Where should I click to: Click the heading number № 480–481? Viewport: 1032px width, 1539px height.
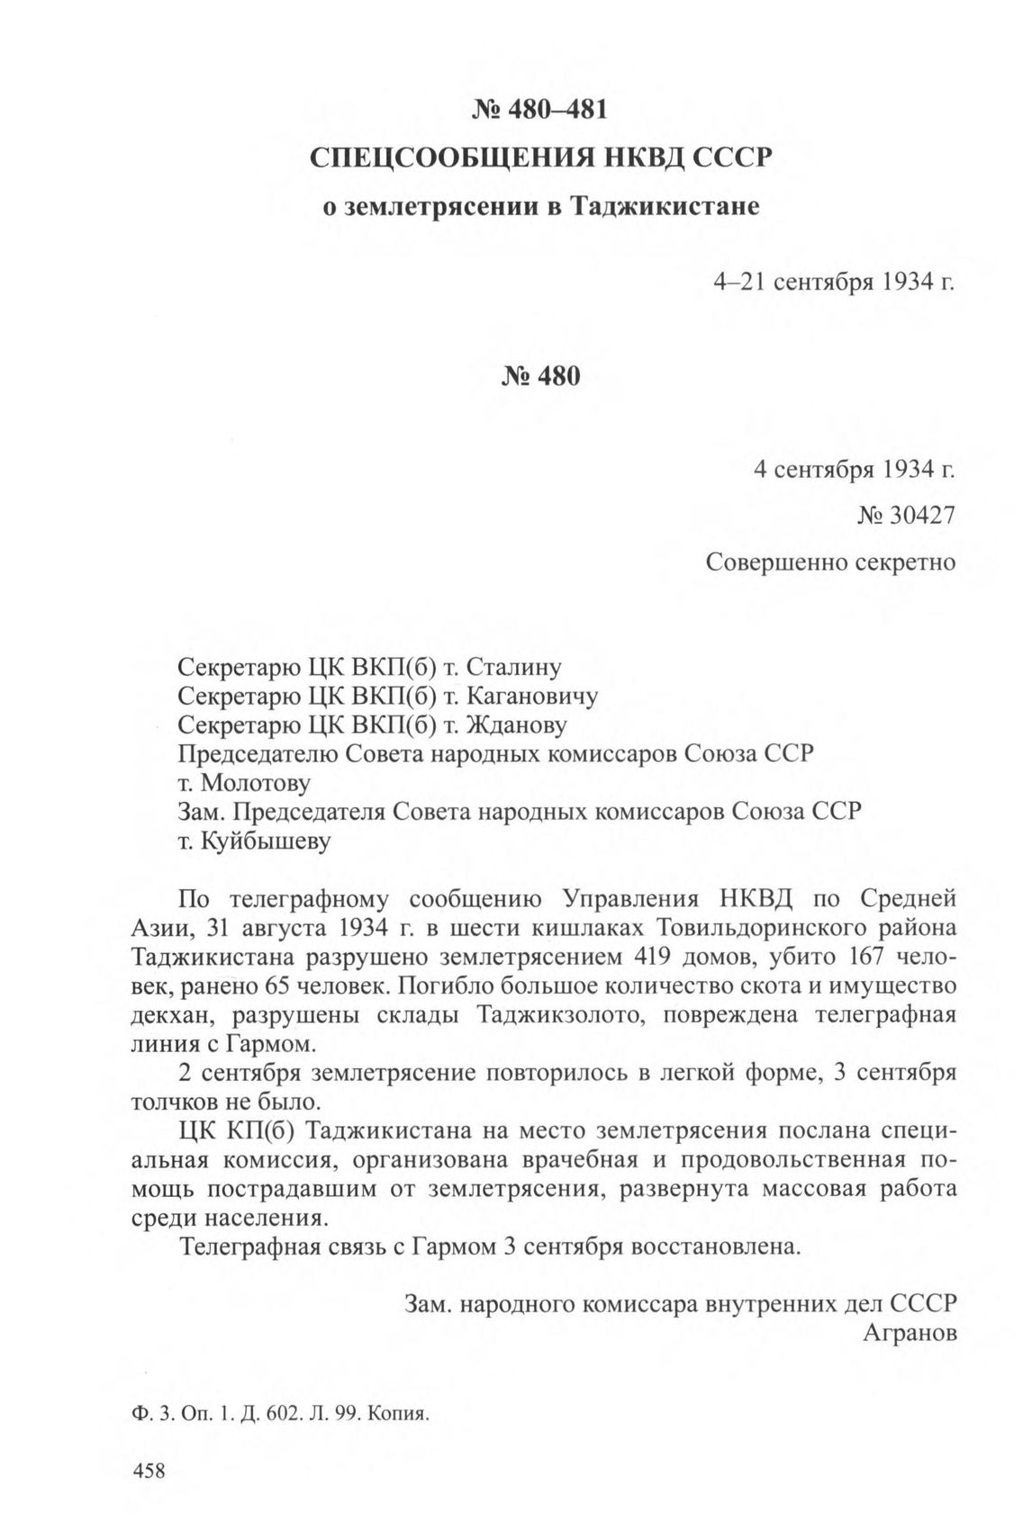click(540, 110)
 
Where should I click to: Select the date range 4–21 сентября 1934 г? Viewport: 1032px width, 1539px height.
click(833, 283)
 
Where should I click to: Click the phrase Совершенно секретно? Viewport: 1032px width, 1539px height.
click(829, 562)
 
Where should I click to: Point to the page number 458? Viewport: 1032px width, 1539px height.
click(149, 1471)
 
